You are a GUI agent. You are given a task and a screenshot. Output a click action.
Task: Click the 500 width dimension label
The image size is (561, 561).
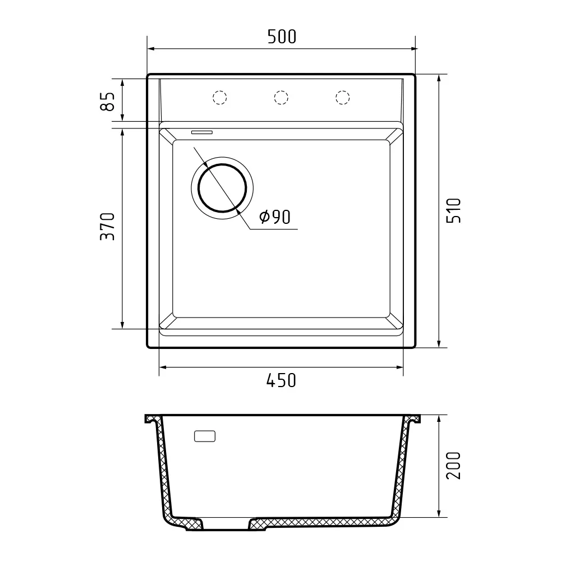281,37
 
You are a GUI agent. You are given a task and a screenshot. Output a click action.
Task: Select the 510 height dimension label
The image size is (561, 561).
454,210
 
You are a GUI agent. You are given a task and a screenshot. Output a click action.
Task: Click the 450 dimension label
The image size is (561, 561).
281,381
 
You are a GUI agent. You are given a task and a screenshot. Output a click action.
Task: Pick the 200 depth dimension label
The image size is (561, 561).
454,465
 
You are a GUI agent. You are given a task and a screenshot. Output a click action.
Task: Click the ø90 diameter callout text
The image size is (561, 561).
275,217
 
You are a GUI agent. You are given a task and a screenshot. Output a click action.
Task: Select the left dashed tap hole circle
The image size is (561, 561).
220,98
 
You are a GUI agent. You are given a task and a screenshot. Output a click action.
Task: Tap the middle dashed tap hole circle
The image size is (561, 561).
281,98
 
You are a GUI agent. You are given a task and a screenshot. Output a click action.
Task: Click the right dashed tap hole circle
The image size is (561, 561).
342,98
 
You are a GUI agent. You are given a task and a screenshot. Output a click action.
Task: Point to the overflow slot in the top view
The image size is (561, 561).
202,132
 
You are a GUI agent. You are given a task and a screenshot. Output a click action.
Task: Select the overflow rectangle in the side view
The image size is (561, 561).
205,436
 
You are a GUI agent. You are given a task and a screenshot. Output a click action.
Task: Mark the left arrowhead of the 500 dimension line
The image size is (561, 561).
150,49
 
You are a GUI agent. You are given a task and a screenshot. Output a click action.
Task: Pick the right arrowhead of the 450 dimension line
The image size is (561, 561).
400,368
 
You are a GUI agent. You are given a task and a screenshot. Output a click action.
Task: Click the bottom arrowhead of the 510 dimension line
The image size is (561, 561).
438,344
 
